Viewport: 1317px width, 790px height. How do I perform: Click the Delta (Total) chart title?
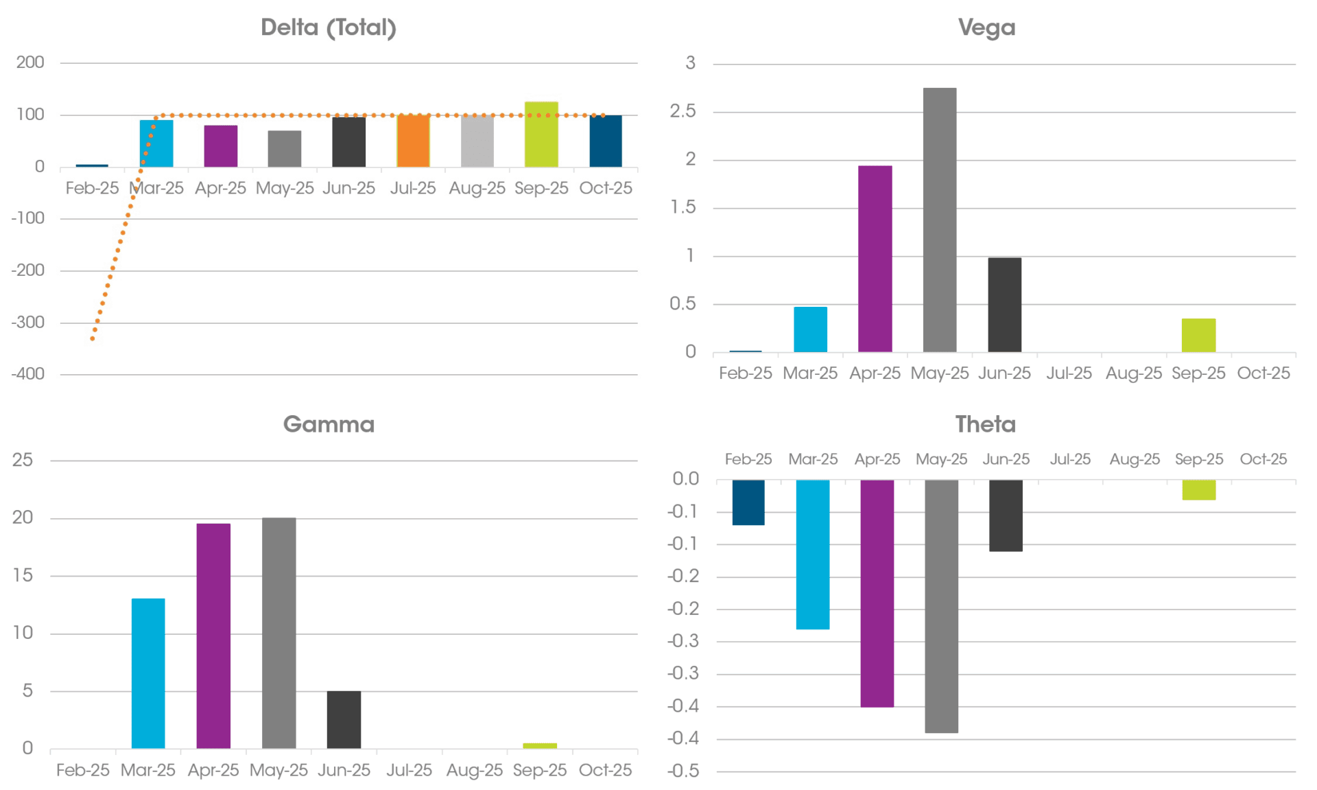pyautogui.click(x=329, y=27)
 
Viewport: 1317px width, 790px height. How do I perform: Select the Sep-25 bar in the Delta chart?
pyautogui.click(x=541, y=135)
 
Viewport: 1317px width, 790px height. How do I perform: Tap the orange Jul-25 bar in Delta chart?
pyautogui.click(x=413, y=141)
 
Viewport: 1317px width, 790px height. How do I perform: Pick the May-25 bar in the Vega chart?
pyautogui.click(x=940, y=220)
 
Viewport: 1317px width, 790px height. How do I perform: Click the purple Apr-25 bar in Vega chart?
pyautogui.click(x=875, y=259)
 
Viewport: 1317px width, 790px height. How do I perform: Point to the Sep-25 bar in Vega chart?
pyautogui.click(x=1198, y=335)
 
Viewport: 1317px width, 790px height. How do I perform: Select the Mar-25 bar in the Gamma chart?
pyautogui.click(x=148, y=673)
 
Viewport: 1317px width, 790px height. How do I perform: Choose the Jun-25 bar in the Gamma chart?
pyautogui.click(x=344, y=719)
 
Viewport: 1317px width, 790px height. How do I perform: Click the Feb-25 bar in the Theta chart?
pyautogui.click(x=748, y=502)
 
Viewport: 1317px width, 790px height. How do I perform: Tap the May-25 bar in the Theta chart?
pyautogui.click(x=941, y=606)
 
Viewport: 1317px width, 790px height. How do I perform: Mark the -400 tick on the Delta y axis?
pyautogui.click(x=28, y=374)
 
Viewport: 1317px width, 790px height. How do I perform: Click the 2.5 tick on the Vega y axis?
pyautogui.click(x=683, y=111)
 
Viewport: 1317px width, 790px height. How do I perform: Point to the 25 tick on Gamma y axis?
pyautogui.click(x=23, y=460)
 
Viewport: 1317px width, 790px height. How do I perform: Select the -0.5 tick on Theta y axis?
pyautogui.click(x=683, y=771)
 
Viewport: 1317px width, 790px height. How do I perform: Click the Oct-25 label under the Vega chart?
pyautogui.click(x=1263, y=373)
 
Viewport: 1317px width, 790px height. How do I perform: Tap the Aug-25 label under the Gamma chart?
pyautogui.click(x=475, y=770)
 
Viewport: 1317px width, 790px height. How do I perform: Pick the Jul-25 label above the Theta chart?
pyautogui.click(x=1070, y=459)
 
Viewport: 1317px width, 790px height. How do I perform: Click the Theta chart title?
pyautogui.click(x=985, y=424)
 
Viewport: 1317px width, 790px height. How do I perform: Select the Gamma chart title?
pyautogui.click(x=329, y=424)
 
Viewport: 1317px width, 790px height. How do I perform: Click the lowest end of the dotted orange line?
pyautogui.click(x=93, y=338)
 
